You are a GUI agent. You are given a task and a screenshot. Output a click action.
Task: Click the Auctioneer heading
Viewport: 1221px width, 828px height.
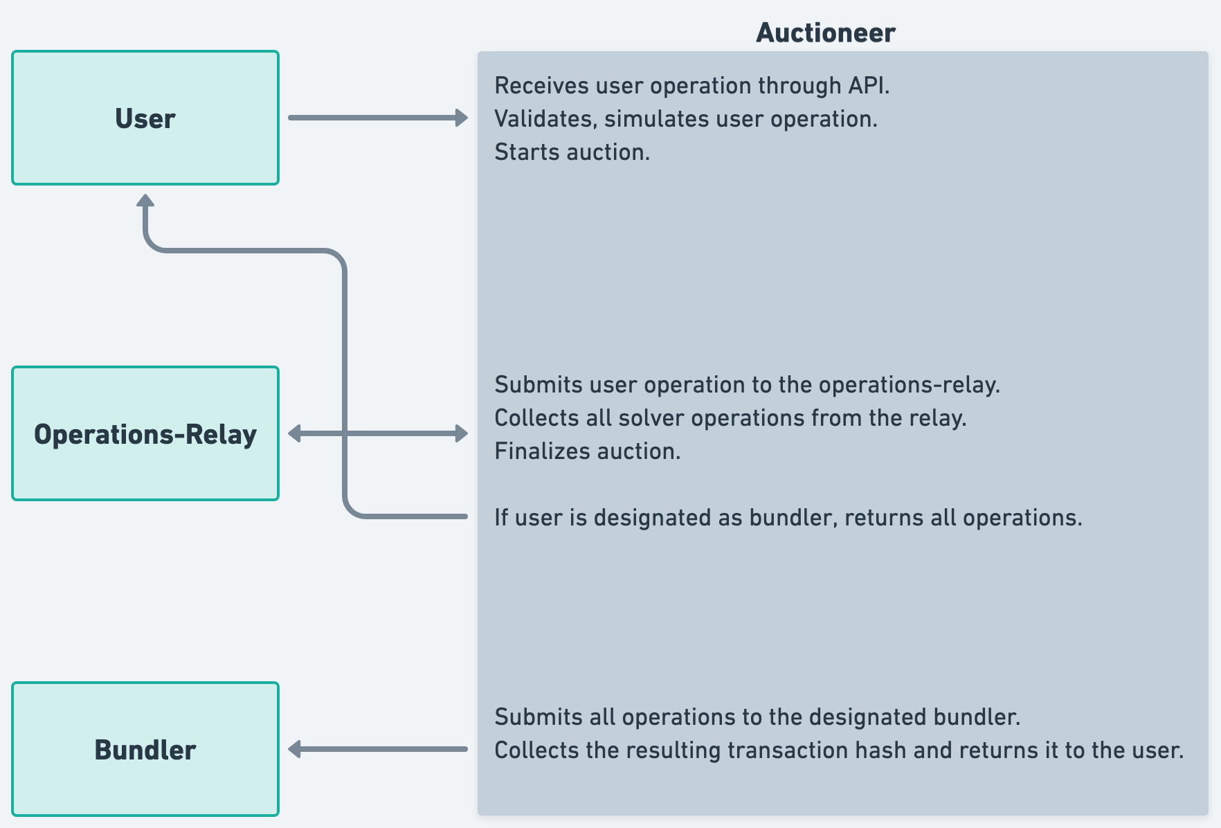tap(825, 33)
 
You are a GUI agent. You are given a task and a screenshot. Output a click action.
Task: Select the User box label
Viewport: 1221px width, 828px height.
tap(145, 118)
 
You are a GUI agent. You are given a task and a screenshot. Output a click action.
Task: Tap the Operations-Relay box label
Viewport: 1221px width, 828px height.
tap(145, 434)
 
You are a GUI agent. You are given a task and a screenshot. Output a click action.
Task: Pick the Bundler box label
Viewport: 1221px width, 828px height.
tap(145, 750)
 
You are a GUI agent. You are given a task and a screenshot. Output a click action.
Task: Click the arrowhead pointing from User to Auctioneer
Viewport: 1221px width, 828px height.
tap(461, 118)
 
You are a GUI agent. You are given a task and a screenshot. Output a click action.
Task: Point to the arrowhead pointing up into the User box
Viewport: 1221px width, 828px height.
tap(145, 201)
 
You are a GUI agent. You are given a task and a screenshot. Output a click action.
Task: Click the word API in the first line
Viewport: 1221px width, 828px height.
tap(867, 86)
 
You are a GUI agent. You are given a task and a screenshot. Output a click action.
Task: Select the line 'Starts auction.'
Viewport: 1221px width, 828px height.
tap(572, 152)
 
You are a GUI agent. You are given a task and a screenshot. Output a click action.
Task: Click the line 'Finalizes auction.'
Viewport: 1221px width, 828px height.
tap(587, 451)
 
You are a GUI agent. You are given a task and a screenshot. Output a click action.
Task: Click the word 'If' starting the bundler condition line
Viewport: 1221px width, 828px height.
tap(501, 518)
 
